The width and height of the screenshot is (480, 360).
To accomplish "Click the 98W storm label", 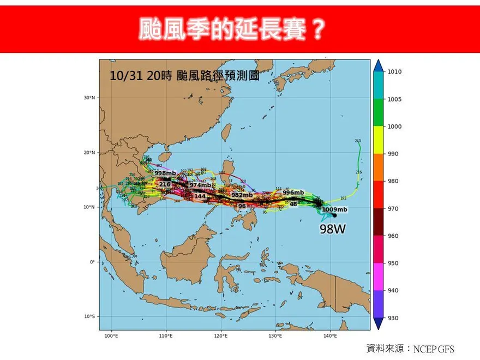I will pyautogui.click(x=333, y=229).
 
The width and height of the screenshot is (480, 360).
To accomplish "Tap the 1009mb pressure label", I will pyautogui.click(x=334, y=209).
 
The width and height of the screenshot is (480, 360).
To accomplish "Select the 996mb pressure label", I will pyautogui.click(x=293, y=193).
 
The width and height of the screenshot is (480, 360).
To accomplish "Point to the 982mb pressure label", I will pyautogui.click(x=242, y=195).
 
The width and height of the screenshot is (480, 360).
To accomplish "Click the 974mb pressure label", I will pyautogui.click(x=200, y=185).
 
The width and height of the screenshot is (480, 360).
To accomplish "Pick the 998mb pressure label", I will pyautogui.click(x=165, y=173).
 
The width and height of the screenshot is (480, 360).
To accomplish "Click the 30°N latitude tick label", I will pyautogui.click(x=90, y=98).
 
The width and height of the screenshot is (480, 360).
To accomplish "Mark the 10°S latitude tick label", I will pyautogui.click(x=90, y=317).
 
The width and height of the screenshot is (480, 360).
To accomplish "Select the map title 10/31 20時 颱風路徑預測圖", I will pyautogui.click(x=184, y=76).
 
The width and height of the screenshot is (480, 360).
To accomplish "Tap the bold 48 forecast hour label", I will pyautogui.click(x=293, y=204).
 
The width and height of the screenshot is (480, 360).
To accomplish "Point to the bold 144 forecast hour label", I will pyautogui.click(x=200, y=196).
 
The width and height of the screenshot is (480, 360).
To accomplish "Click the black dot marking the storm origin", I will pyautogui.click(x=334, y=215).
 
